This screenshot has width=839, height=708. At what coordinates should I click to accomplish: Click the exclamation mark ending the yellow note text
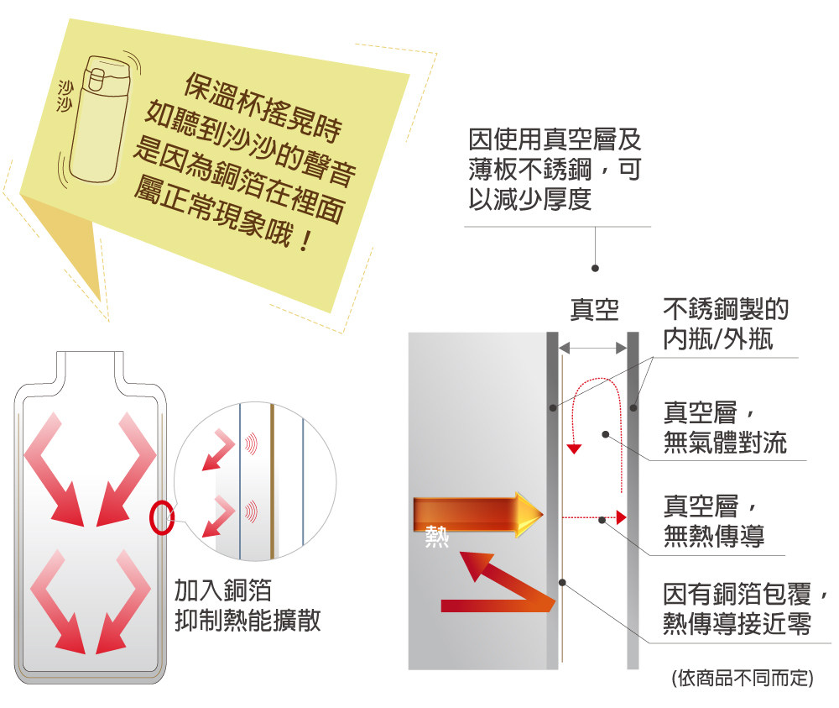[305, 240]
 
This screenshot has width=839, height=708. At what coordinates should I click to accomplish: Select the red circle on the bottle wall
[161, 518]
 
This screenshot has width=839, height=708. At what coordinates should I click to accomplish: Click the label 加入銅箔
[222, 590]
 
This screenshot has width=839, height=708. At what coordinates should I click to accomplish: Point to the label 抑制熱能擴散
[248, 621]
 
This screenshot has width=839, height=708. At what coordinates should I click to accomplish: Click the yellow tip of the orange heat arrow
[529, 514]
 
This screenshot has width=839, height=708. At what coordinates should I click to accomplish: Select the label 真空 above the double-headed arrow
[594, 310]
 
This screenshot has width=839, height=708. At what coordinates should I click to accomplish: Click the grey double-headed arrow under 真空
[593, 347]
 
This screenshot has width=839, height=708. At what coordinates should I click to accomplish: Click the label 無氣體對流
[725, 443]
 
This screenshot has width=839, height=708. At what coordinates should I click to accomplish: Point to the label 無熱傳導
[713, 536]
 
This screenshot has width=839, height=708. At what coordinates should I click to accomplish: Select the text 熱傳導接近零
[737, 625]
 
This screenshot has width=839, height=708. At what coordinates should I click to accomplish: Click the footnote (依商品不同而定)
[743, 678]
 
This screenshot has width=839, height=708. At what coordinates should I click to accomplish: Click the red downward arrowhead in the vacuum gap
[574, 448]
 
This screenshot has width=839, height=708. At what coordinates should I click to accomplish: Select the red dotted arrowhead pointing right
[621, 516]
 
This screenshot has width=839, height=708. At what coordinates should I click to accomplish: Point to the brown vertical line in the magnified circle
[272, 479]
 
